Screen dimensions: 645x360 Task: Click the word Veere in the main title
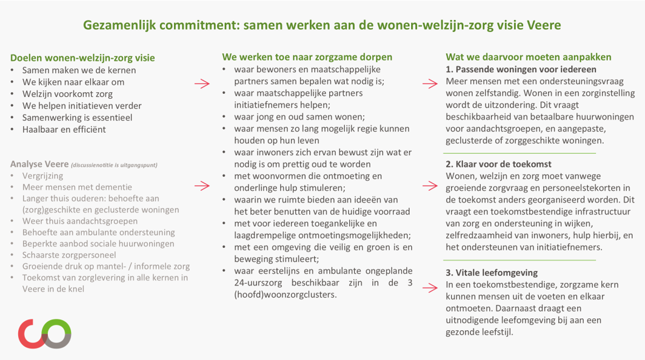[543, 25]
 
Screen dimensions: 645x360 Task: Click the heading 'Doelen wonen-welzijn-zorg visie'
[82, 58]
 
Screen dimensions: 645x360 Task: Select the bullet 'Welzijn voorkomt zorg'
[67, 94]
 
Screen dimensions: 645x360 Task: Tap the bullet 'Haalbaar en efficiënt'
[64, 129]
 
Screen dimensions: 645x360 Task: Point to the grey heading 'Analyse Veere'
[39, 164]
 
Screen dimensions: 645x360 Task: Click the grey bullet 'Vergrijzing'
[43, 176]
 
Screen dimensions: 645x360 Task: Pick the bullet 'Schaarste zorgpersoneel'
[69, 255]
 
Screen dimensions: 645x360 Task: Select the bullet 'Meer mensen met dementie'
[78, 187]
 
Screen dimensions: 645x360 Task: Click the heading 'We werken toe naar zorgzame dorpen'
[307, 57]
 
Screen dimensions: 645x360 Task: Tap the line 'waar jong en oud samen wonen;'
[299, 117]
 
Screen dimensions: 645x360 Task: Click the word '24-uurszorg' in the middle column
[258, 283]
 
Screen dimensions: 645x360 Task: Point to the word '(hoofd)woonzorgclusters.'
[286, 295]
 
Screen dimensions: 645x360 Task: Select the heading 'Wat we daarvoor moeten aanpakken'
[529, 57]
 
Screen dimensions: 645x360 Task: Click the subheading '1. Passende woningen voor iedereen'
[521, 70]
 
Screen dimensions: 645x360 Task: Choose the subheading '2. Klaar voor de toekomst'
[498, 164]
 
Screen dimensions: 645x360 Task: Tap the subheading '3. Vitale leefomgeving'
[492, 273]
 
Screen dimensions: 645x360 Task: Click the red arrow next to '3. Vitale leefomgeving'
[430, 288]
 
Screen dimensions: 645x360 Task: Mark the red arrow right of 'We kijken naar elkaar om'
[202, 84]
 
